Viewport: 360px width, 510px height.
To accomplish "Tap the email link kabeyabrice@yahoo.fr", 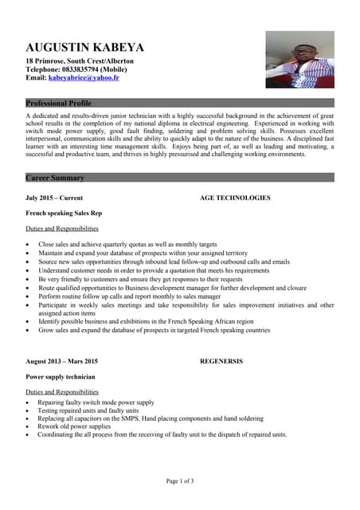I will [x=84, y=78].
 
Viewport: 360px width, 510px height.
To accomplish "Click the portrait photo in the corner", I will [x=299, y=59].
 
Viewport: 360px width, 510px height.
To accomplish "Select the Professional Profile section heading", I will [x=58, y=104].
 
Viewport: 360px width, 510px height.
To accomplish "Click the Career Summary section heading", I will [x=54, y=178].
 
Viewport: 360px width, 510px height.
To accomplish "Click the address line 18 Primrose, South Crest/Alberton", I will [x=80, y=61].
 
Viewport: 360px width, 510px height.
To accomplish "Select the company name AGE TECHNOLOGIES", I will [x=235, y=198].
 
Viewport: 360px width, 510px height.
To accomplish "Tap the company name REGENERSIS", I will [x=221, y=361].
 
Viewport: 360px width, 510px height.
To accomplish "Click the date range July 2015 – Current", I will [x=54, y=198].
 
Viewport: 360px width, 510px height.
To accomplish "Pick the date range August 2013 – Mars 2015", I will [x=62, y=361].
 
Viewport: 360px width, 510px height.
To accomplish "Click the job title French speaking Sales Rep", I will [x=64, y=213].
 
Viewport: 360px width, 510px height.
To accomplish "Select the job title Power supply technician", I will [x=61, y=376].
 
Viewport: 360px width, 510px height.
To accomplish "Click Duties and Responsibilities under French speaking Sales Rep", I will [x=62, y=229].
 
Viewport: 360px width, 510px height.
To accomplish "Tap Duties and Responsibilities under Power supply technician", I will [x=62, y=392].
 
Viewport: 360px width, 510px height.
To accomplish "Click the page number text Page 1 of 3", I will [x=180, y=481].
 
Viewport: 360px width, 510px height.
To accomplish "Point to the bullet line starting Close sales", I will [x=127, y=244].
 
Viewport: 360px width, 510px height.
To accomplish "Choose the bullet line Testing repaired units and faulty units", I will [x=88, y=410].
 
